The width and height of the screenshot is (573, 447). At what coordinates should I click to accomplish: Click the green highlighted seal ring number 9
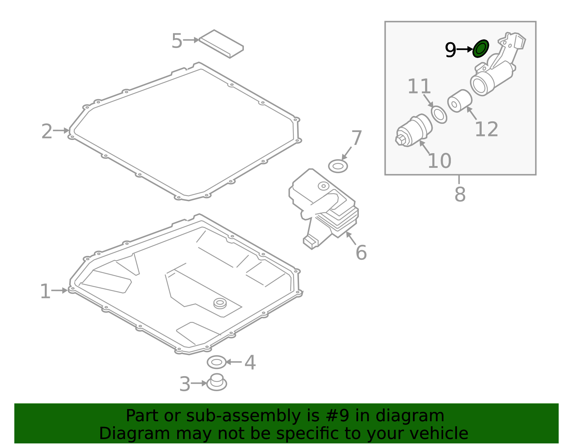481,49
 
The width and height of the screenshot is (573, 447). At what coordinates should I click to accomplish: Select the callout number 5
177,41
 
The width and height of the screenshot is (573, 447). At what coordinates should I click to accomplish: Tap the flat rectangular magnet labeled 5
221,44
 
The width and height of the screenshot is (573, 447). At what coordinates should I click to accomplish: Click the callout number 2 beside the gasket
47,131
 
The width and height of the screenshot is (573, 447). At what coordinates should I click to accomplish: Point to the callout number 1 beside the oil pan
45,291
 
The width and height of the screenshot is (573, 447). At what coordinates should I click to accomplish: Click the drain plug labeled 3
217,383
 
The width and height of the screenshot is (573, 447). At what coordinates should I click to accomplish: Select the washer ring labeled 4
217,362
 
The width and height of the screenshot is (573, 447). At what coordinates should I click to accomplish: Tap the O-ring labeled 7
338,166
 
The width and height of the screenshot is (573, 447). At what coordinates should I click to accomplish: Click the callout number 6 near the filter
361,253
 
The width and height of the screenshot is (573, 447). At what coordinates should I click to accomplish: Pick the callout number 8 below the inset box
460,194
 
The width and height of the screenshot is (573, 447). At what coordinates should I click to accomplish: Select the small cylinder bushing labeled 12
459,101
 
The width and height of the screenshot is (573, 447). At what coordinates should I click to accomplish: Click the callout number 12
486,129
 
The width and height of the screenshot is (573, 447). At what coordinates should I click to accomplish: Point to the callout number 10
439,161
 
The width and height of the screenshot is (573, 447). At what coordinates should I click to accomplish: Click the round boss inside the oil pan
220,303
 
